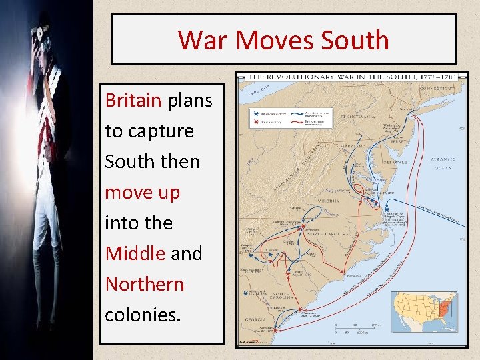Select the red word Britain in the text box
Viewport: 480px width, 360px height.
pos(133,101)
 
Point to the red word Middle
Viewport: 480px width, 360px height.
pos(135,253)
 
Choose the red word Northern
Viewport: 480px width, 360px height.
pos(144,284)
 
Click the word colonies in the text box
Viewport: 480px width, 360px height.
pos(141,314)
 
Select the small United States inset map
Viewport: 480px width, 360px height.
pos(424,311)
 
